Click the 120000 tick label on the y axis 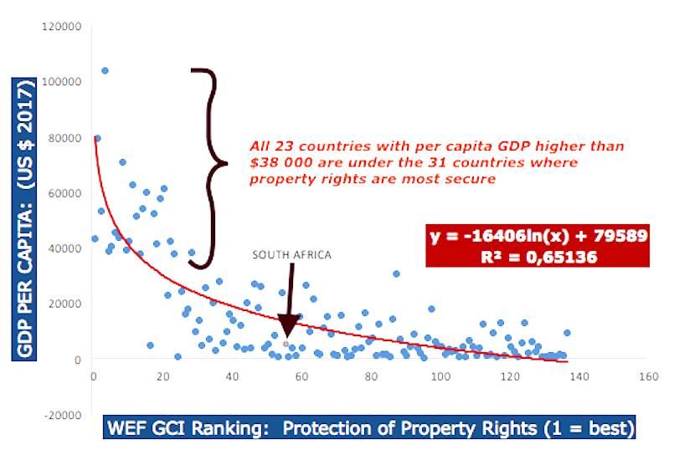pos(62,26)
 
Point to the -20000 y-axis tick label pos(62,415)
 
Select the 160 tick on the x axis pos(646,376)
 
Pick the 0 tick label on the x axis pos(93,376)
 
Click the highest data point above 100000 pos(105,70)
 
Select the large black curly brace pos(209,167)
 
